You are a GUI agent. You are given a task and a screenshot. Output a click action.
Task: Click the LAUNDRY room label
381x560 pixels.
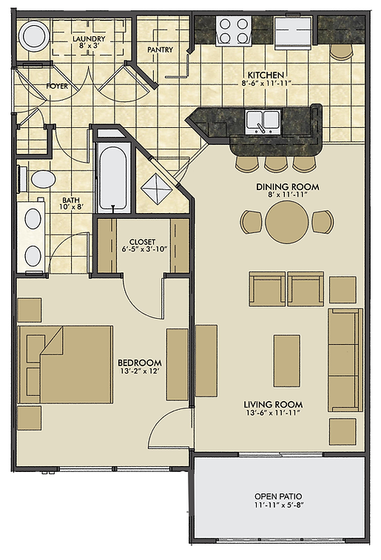click(89, 38)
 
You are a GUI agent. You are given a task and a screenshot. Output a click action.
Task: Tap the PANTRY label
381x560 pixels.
click(160, 50)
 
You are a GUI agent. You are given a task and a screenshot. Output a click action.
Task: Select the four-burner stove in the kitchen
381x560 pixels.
click(234, 31)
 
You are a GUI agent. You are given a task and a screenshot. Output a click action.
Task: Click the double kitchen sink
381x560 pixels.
click(263, 122)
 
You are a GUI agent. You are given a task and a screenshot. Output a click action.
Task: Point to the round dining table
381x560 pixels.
click(287, 222)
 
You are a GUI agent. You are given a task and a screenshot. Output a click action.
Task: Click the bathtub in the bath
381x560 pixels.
click(112, 178)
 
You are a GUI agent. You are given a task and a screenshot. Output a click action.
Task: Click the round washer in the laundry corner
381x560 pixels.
click(34, 36)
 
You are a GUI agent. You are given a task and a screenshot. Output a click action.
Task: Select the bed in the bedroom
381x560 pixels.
click(66, 364)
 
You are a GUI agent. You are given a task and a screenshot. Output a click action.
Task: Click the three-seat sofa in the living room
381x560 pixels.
click(345, 360)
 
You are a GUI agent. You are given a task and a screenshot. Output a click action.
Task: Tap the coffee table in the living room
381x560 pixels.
click(287, 361)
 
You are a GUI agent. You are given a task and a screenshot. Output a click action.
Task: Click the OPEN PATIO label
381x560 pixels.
click(278, 496)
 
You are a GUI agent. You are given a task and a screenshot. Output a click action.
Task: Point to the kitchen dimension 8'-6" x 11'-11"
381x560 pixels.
click(266, 84)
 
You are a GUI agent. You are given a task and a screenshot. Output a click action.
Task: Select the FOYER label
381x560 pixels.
click(57, 86)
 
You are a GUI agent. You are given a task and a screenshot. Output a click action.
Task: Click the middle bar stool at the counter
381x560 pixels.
click(276, 163)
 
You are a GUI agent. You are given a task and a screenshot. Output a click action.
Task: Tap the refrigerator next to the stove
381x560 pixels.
click(293, 33)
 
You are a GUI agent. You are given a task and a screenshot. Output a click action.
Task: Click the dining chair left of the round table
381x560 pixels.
click(252, 222)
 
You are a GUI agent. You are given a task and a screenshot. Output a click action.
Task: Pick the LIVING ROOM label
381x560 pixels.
click(273, 405)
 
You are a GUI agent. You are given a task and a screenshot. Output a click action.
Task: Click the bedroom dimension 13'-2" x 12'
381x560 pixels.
click(140, 371)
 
